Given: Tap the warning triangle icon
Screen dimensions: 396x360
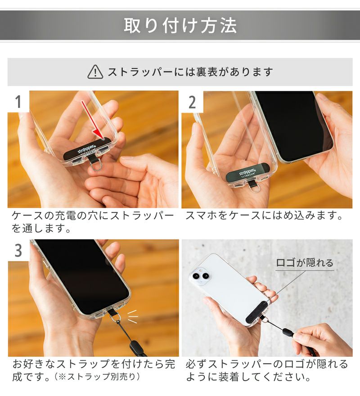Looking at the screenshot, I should [x=95, y=71].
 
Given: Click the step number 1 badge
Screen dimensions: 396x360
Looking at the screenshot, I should [x=18, y=102].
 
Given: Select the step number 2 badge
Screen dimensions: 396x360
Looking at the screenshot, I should [x=192, y=102].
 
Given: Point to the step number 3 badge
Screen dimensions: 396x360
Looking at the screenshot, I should [x=18, y=250].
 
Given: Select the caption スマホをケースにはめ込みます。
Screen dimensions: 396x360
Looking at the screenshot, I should [x=265, y=216].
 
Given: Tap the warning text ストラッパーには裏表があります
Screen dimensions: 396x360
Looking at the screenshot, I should [x=190, y=72].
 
